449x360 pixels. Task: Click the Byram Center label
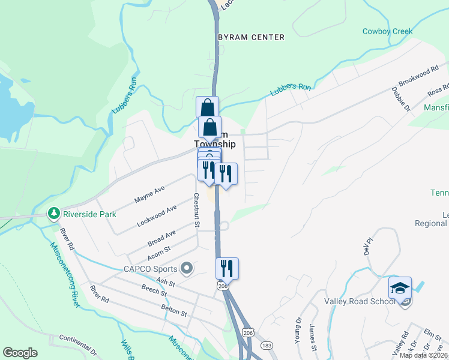251,37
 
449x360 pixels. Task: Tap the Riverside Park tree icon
53,213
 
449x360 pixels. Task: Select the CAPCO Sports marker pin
187,268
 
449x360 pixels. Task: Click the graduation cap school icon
400,289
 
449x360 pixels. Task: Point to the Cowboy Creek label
387,31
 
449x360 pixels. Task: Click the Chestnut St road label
196,210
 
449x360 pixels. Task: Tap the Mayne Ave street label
149,193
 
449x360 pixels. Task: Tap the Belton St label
174,310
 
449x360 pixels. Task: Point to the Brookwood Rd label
419,77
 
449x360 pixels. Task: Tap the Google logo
20,353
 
